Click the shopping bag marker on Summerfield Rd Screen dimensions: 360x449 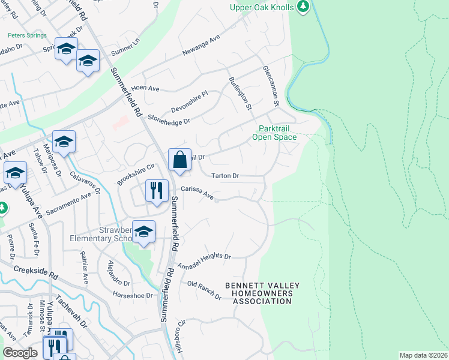coord(179,160)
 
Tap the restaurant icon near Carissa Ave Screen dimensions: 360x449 coord(156,191)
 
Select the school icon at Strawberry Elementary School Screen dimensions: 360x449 coord(143,232)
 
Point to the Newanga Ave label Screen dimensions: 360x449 coord(202,47)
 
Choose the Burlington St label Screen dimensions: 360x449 coord(239,94)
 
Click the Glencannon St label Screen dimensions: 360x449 coord(270,87)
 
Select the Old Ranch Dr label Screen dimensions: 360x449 coord(204,290)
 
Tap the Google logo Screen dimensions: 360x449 coord(20,353)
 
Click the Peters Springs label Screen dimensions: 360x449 coord(27,35)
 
